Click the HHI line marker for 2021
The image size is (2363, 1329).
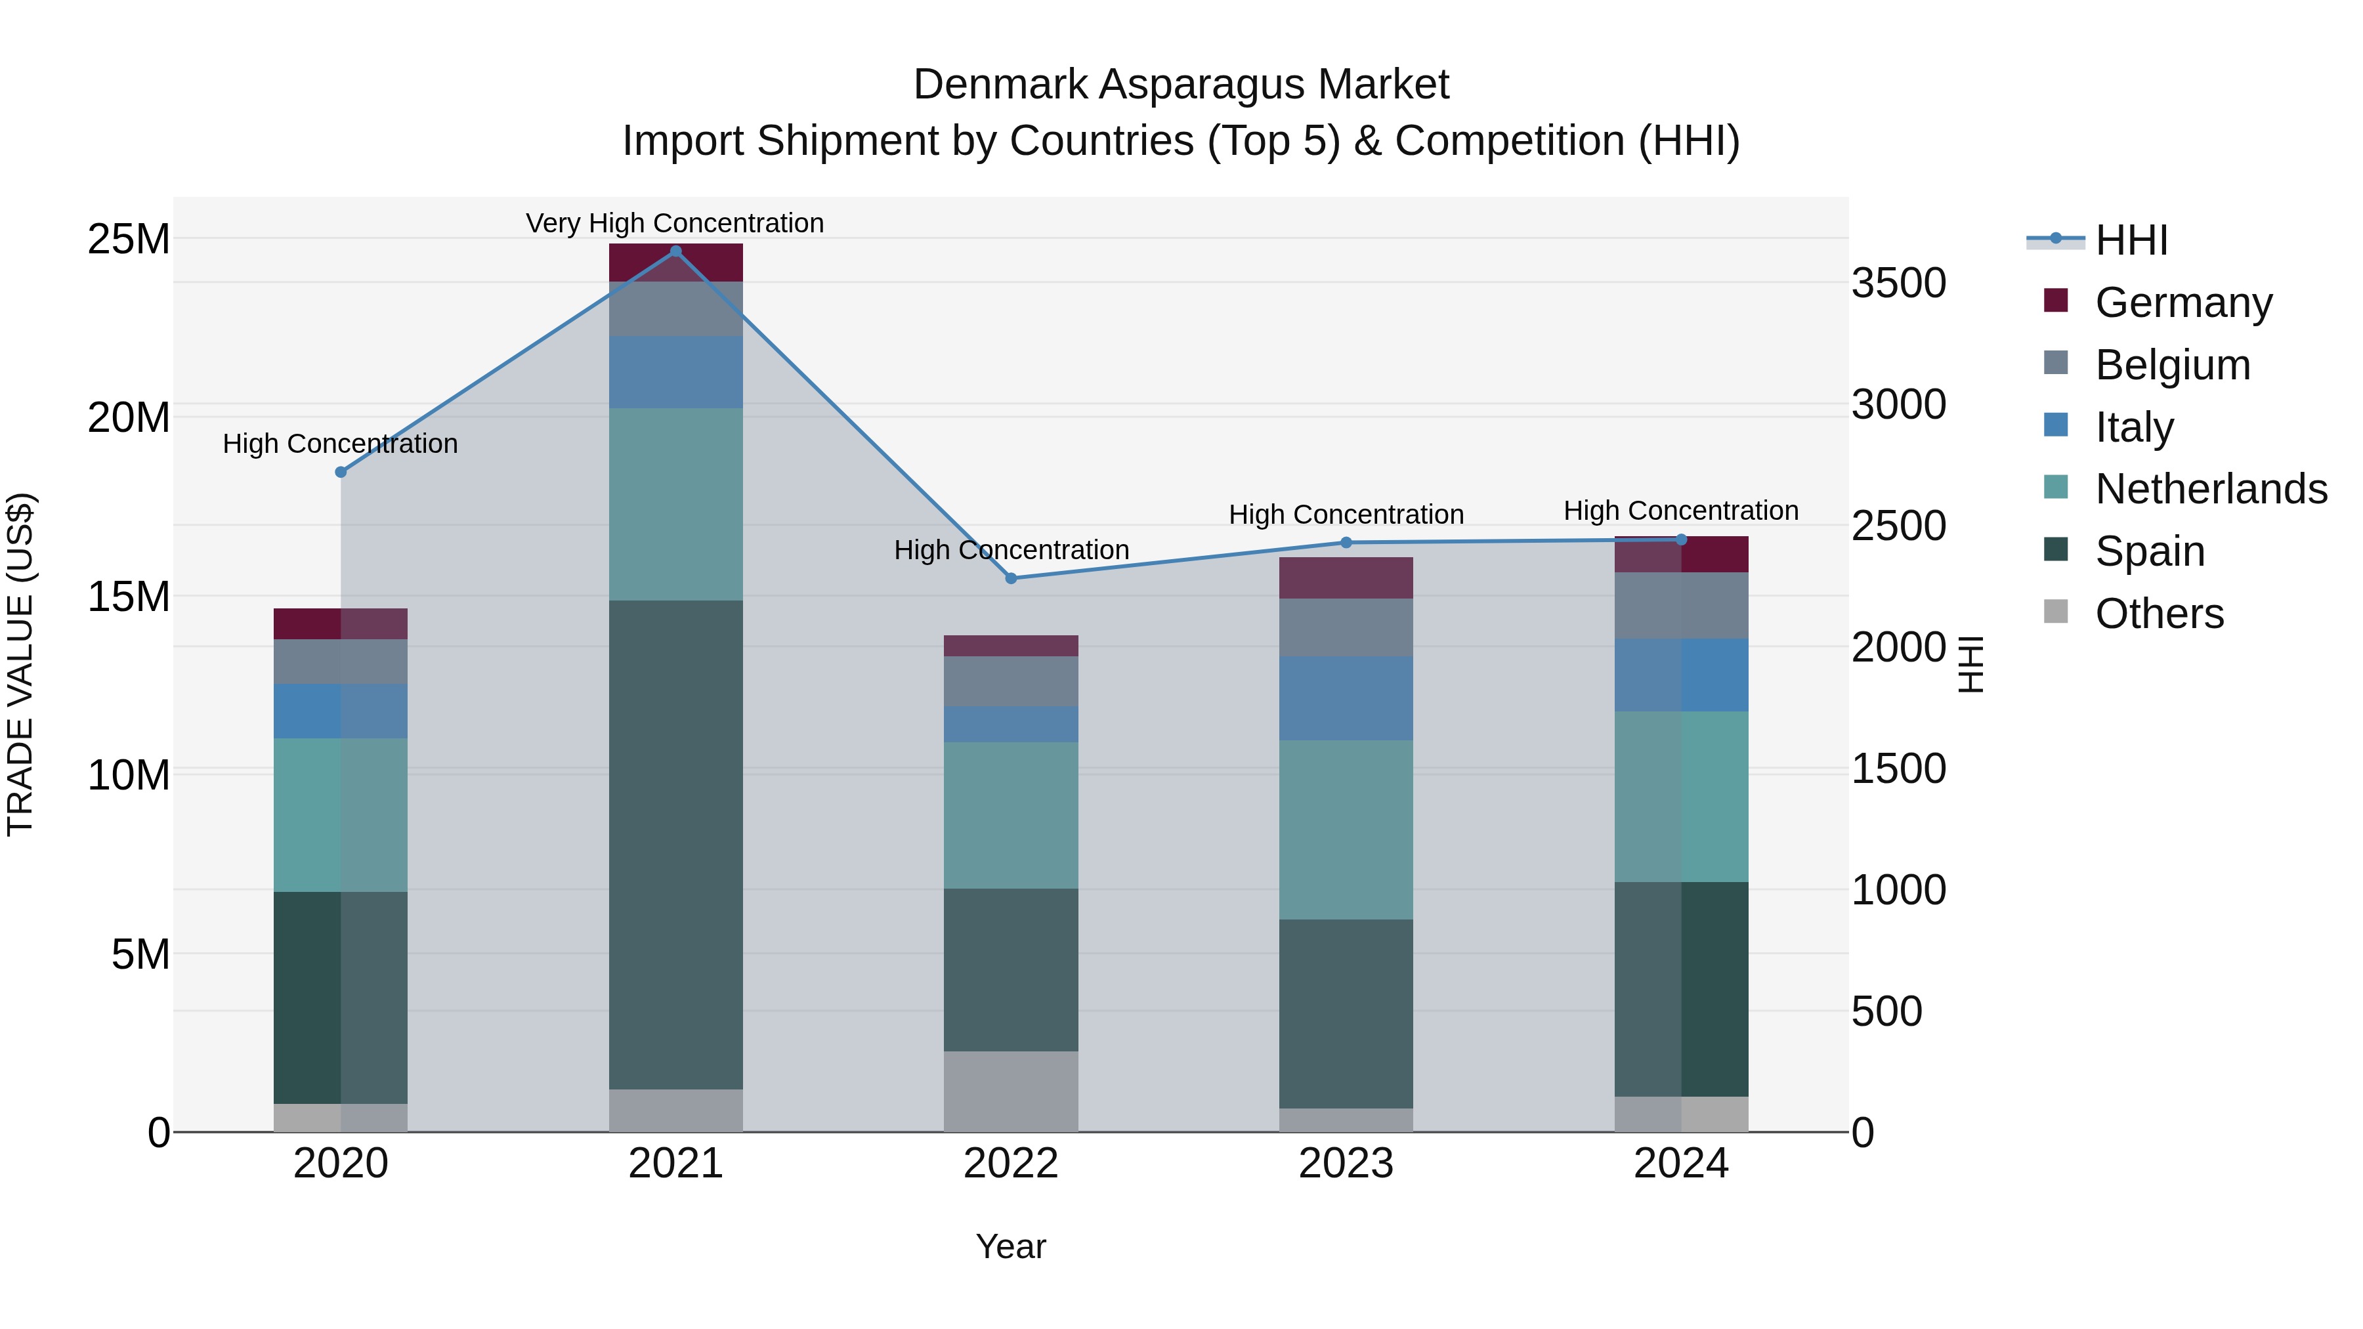[x=675, y=251]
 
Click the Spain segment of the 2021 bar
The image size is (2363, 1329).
[x=675, y=844]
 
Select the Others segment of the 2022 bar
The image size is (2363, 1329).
[x=1011, y=1091]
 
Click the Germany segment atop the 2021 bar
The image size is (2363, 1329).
[x=675, y=263]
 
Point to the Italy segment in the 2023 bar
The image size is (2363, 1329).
[x=1346, y=698]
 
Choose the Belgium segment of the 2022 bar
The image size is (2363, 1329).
[x=1011, y=681]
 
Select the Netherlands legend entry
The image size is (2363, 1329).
[x=2211, y=489]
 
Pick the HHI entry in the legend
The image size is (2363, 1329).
[x=2131, y=240]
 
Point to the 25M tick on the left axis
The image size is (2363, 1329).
[x=129, y=240]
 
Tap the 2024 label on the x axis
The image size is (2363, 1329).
[x=1680, y=1164]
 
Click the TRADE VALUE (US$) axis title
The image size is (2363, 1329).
[x=20, y=664]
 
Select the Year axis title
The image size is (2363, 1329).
[x=1011, y=1246]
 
